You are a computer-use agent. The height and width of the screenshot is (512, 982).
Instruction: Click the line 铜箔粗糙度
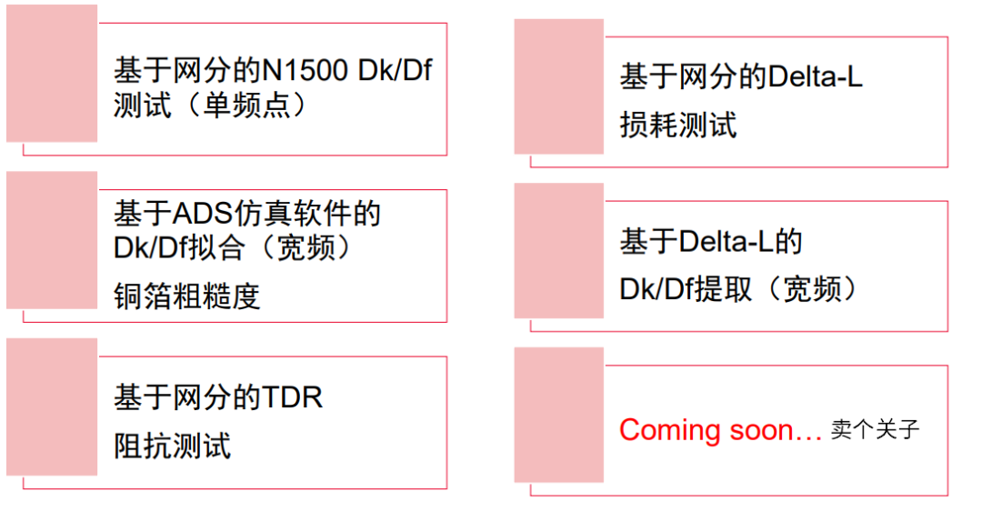pyautogui.click(x=186, y=296)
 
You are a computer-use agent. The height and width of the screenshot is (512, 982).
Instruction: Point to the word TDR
pyautogui.click(x=293, y=397)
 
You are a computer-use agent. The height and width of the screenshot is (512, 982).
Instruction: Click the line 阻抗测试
pyautogui.click(x=172, y=446)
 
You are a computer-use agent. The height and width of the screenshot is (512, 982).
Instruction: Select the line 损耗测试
pyautogui.click(x=677, y=125)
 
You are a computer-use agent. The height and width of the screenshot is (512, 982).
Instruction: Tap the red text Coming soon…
pyautogui.click(x=720, y=430)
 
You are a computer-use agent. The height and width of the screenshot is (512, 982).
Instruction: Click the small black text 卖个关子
pyautogui.click(x=875, y=430)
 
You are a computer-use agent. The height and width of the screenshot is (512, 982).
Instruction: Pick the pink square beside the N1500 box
pyautogui.click(x=52, y=74)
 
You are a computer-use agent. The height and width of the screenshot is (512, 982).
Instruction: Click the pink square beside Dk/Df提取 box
pyautogui.click(x=558, y=251)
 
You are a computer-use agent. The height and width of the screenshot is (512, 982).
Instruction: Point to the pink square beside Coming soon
pyautogui.click(x=558, y=415)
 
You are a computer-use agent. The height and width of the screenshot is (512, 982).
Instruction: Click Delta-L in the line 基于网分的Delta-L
pyautogui.click(x=815, y=77)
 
